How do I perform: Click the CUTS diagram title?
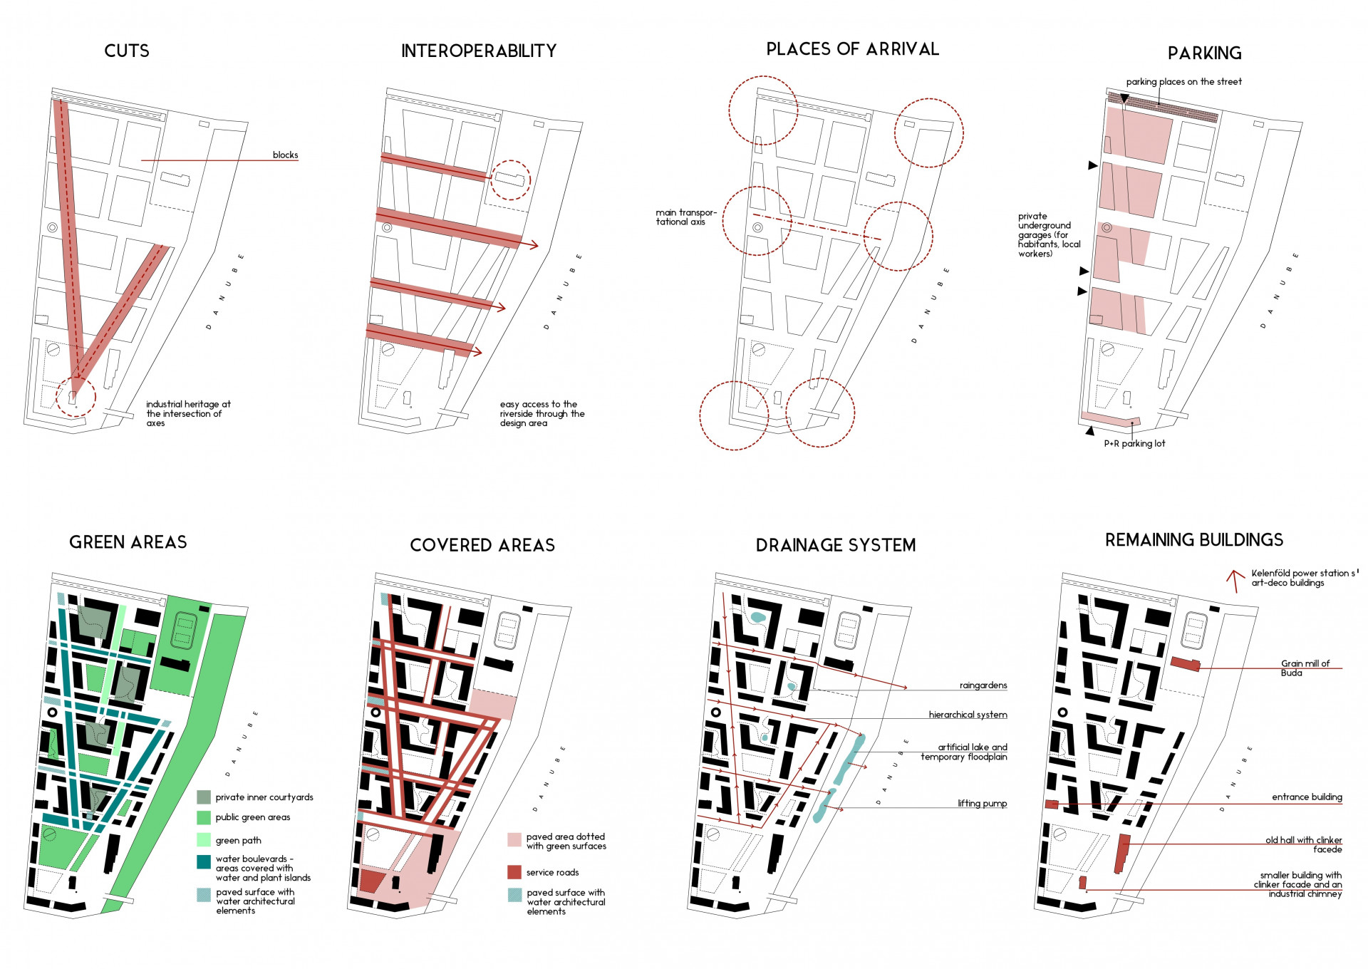pos(127,51)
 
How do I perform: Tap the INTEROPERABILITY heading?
pos(479,51)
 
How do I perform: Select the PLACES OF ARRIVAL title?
pos(853,49)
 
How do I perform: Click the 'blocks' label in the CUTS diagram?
pos(285,155)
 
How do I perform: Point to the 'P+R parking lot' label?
pos(1134,443)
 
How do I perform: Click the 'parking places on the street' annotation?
pos(1183,82)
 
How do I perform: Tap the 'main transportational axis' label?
pos(686,217)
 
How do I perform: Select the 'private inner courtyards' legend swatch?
pos(204,797)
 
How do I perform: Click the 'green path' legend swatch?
pos(204,839)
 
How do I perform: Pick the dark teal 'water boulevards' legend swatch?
pos(204,862)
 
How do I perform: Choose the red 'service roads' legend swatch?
pos(514,872)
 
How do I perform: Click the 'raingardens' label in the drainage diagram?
pos(983,685)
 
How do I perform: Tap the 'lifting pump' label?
pos(982,804)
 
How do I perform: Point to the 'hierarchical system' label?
pos(968,715)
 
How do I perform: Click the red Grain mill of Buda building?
pos(1186,664)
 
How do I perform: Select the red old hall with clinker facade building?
pos(1122,854)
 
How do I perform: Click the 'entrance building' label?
pos(1307,797)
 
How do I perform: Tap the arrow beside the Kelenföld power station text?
pos(1236,581)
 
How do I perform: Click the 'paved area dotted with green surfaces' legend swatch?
pos(514,839)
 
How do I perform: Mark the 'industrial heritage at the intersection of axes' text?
pos(188,413)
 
